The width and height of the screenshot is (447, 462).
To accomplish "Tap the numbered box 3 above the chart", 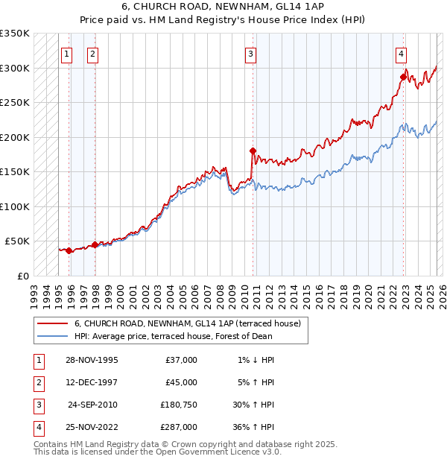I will click(251, 53).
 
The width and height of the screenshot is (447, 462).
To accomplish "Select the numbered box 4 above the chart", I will click(401, 53).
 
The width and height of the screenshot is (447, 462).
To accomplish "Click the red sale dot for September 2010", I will click(253, 151).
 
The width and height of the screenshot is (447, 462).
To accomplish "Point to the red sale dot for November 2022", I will click(403, 77).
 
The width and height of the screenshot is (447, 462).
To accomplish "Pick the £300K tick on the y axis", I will click(15, 68).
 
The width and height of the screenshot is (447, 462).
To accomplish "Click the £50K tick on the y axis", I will click(18, 241).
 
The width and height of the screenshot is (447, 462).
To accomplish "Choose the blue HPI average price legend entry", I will click(173, 336).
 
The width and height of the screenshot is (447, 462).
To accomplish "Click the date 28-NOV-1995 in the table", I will click(92, 360).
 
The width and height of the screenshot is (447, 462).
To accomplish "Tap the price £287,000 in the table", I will click(178, 427).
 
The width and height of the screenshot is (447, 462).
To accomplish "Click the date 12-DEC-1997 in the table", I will click(92, 382).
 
